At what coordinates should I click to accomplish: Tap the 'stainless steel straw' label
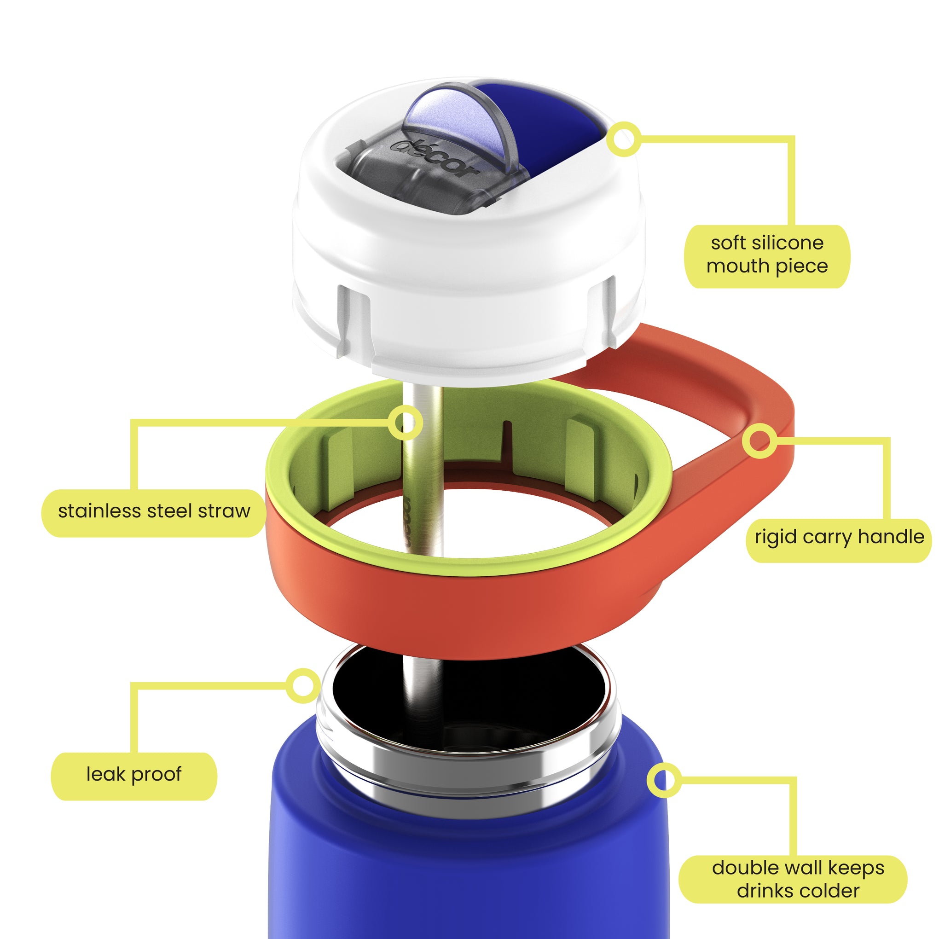[x=154, y=511]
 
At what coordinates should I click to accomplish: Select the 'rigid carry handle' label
[x=840, y=537]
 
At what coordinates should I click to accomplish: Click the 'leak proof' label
[x=134, y=774]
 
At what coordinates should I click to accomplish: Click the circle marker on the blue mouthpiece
[x=624, y=139]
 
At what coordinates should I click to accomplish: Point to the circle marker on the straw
[x=406, y=423]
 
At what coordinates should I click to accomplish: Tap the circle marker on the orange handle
[x=759, y=441]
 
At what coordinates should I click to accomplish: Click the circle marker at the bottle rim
[x=303, y=686]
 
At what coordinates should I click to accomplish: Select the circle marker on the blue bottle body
[x=664, y=780]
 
